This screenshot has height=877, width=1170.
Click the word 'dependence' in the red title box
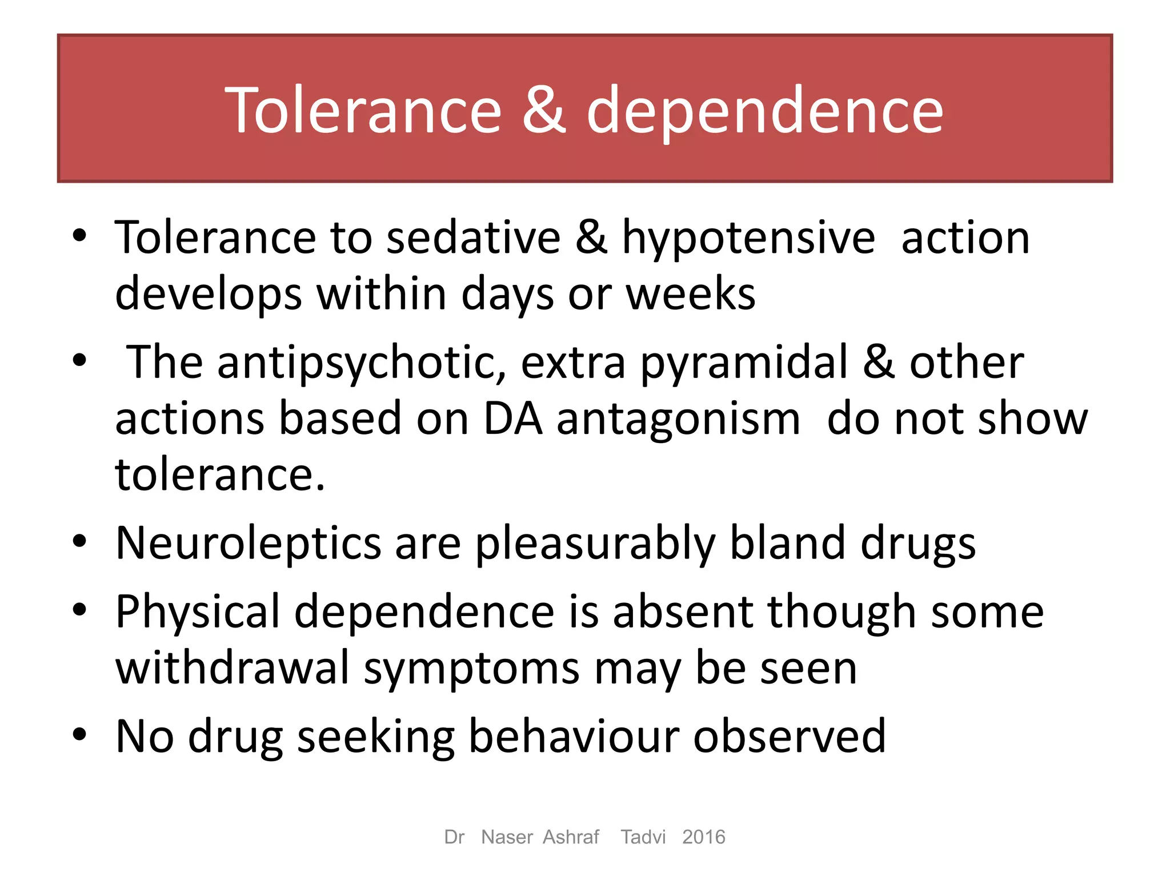coord(765,111)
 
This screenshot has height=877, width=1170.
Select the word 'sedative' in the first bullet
coord(474,238)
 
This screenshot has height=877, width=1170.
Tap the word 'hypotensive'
coord(748,239)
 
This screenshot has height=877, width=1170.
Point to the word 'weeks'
coord(691,293)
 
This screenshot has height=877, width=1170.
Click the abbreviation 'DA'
coord(512,419)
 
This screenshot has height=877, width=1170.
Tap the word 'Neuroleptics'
coord(249,543)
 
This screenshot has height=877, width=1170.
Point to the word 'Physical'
coord(198,612)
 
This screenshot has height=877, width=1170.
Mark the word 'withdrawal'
coord(233,667)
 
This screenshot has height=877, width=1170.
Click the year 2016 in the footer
coord(703,837)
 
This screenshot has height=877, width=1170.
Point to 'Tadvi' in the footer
coord(643,837)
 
